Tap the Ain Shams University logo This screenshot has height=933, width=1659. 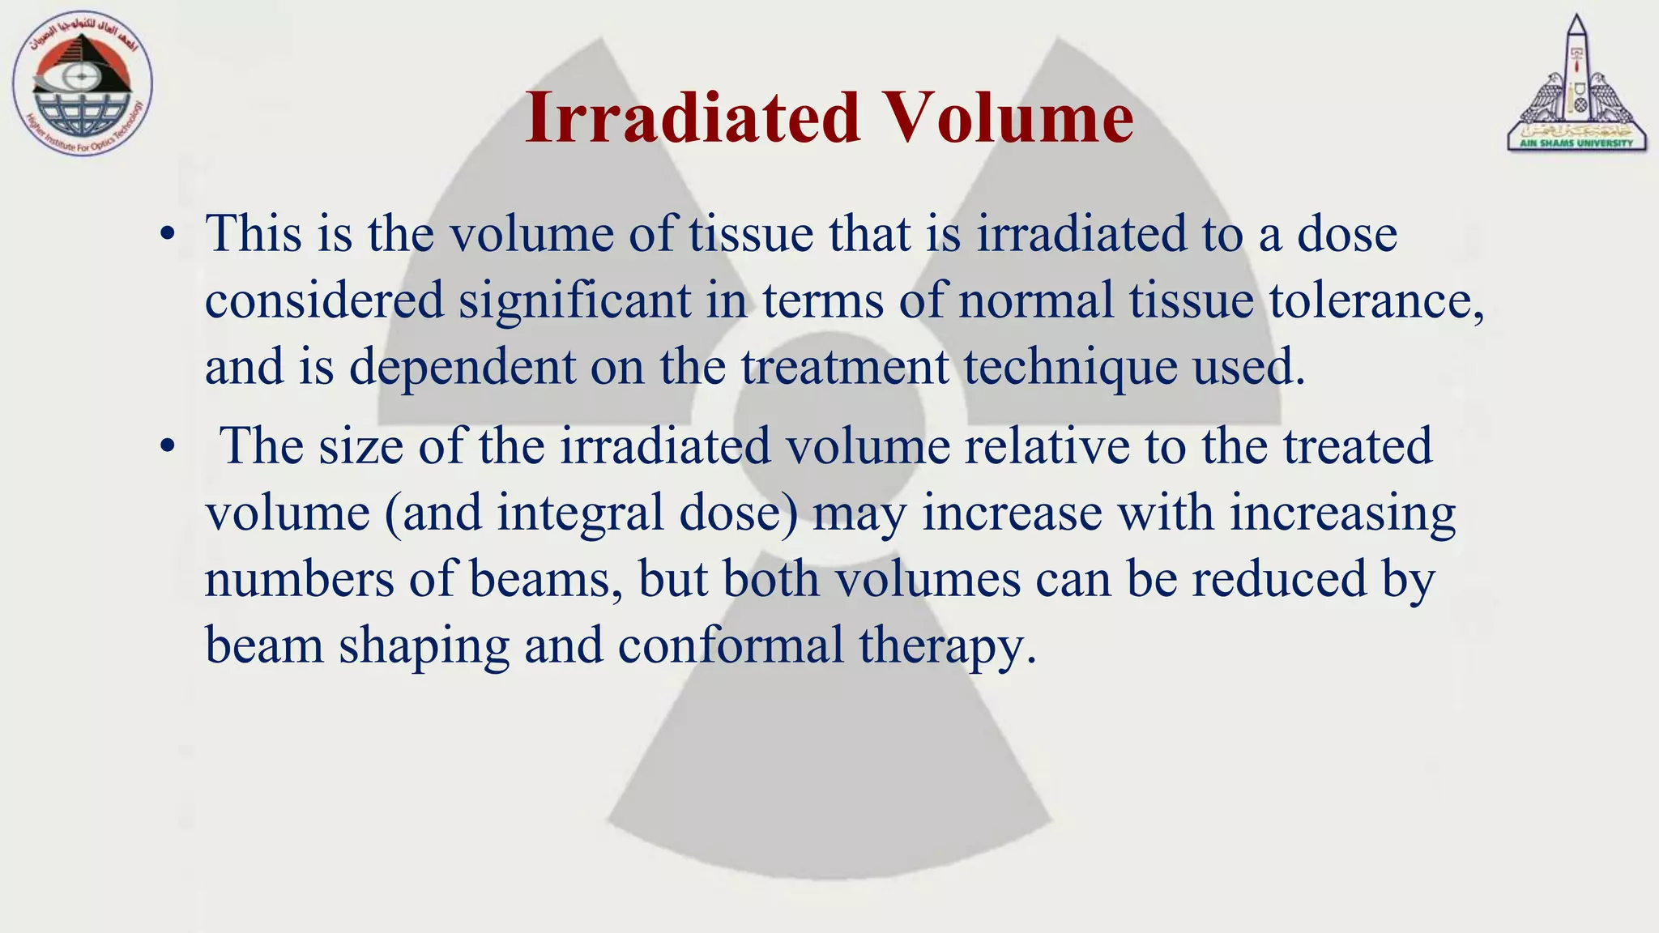(x=1576, y=86)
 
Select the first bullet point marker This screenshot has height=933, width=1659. (x=167, y=235)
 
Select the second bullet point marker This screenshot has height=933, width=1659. (x=167, y=447)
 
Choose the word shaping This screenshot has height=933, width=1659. (x=424, y=647)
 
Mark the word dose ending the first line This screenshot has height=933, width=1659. (x=1347, y=234)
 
